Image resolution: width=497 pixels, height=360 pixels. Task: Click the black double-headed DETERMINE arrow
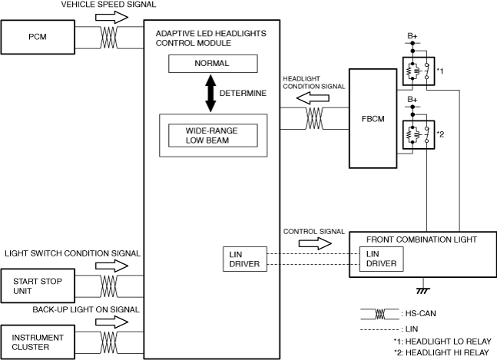coord(210,93)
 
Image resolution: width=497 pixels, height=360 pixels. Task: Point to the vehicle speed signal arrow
coord(111,17)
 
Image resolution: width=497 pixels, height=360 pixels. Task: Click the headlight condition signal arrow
coord(313,98)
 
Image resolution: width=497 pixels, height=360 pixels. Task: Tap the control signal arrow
coord(315,243)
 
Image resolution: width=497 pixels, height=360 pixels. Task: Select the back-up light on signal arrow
coord(111,322)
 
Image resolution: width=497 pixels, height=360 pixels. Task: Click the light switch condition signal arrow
coord(111,266)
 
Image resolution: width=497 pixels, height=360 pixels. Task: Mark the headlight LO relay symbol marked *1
coord(419,71)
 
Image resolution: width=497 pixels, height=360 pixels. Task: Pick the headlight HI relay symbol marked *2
coord(419,134)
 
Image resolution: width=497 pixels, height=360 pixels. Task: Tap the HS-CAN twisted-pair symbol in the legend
coord(379,314)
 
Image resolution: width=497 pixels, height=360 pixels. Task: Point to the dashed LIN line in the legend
coord(379,329)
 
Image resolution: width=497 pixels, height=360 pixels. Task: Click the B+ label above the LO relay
coord(413,36)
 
